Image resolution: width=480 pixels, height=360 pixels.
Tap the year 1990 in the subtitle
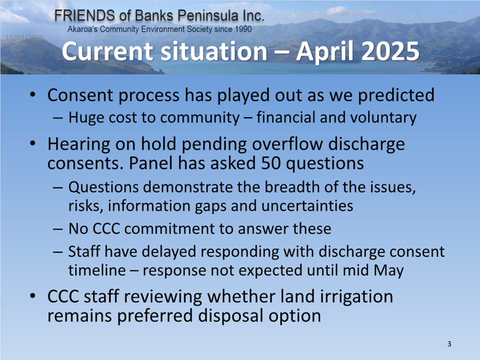tap(244, 29)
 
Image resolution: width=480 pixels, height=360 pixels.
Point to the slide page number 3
tap(449, 344)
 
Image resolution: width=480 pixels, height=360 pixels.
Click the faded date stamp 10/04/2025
tap(25, 37)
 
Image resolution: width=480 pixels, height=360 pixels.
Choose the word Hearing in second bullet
tap(79, 145)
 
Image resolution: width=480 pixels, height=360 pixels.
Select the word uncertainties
tap(307, 206)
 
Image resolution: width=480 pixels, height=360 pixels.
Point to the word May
tap(389, 271)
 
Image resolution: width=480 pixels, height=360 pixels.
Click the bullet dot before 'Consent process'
tap(33, 94)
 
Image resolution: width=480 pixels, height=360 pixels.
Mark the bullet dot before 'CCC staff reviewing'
tap(33, 296)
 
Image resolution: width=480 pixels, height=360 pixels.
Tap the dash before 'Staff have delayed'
tap(58, 252)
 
